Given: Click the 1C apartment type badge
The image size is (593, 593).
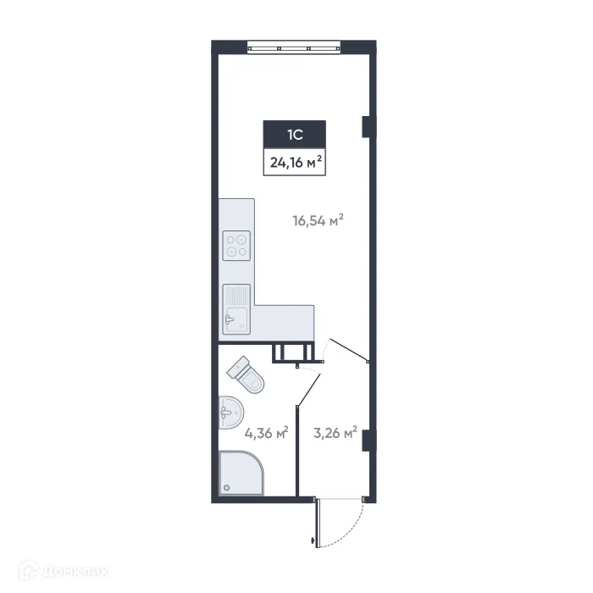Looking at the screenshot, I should pyautogui.click(x=295, y=133).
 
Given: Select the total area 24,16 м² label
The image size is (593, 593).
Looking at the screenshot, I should pyautogui.click(x=295, y=163).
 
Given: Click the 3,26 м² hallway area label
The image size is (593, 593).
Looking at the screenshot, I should pyautogui.click(x=334, y=433).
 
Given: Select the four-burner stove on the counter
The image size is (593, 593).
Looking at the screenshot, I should pyautogui.click(x=236, y=245).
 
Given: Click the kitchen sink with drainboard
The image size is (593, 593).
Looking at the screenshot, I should pyautogui.click(x=236, y=310).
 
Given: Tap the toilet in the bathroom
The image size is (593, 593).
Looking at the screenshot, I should pyautogui.click(x=248, y=374).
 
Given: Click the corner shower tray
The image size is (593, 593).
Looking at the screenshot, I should pyautogui.click(x=241, y=474).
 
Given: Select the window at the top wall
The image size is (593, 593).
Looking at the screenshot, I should pyautogui.click(x=293, y=47).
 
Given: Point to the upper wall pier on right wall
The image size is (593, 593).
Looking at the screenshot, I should pyautogui.click(x=365, y=126).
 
